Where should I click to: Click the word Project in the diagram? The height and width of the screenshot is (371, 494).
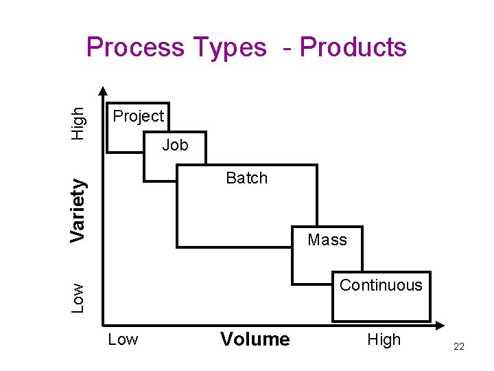click(x=139, y=116)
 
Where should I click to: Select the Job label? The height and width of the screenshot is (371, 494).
click(x=175, y=145)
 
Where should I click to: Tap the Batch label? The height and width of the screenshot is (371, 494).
click(x=246, y=178)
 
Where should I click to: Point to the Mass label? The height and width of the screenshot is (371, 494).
click(x=327, y=240)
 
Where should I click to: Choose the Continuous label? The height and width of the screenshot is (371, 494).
click(x=381, y=285)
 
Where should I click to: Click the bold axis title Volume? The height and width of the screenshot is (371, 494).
click(x=255, y=339)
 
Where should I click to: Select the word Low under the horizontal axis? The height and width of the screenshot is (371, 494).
click(x=123, y=339)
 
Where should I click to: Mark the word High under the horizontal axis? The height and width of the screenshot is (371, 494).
click(x=384, y=339)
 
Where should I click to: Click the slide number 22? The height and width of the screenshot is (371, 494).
click(x=459, y=346)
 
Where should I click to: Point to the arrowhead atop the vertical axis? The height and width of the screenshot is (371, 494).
click(x=103, y=90)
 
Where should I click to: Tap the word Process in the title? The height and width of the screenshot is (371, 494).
click(x=136, y=47)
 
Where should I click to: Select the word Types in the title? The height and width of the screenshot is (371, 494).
click(x=230, y=47)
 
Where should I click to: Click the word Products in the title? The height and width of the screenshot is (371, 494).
click(x=353, y=47)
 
